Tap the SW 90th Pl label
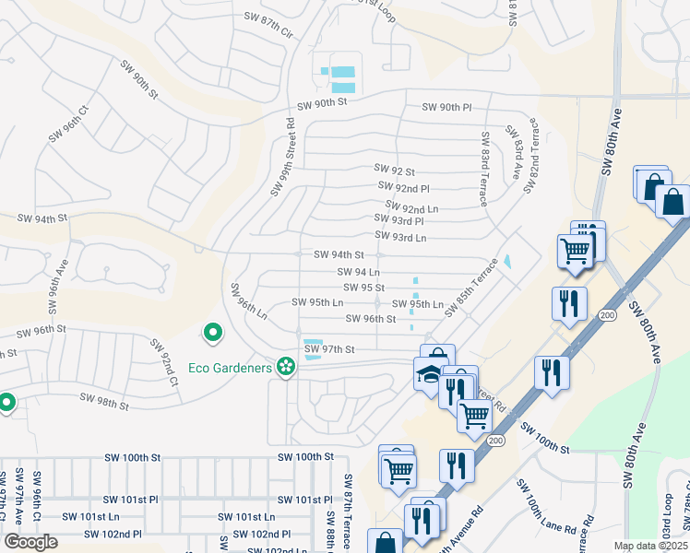pos(446,107)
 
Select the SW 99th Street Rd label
pos(282,156)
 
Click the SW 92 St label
pos(395,171)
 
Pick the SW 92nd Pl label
pos(404,187)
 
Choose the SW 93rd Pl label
pos(399,221)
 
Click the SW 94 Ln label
pos(360,272)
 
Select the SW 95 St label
pos(363,288)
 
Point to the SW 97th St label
pos(329,349)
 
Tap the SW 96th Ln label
pos(249,300)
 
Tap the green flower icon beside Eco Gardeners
pos(286,368)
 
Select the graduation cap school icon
pos(426,374)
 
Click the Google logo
pos(30,541)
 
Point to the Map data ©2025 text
pos(650,546)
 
